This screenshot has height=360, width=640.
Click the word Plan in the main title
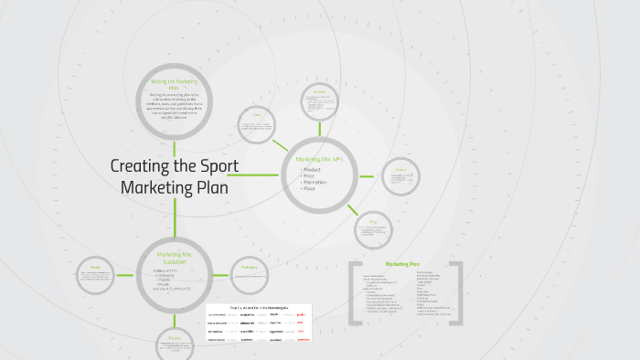click(209, 187)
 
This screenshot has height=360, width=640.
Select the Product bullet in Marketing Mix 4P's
click(313, 170)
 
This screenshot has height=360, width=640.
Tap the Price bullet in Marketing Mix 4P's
click(310, 176)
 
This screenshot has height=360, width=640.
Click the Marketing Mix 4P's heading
click(318, 159)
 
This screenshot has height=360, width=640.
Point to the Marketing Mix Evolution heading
click(174, 257)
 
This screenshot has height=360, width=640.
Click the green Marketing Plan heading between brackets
click(402, 263)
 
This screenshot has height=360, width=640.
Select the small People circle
click(96, 274)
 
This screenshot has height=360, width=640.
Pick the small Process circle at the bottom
click(175, 343)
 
